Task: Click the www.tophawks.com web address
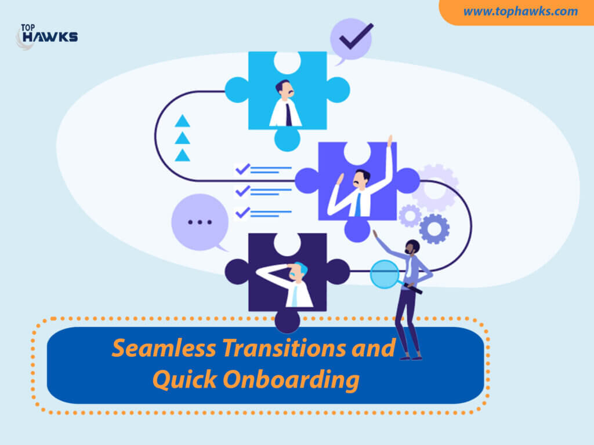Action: click(x=520, y=12)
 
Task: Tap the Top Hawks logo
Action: click(x=47, y=37)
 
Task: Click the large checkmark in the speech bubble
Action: click(x=356, y=37)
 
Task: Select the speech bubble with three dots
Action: click(x=200, y=223)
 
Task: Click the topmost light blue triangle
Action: click(x=182, y=121)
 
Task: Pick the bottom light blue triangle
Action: click(x=182, y=155)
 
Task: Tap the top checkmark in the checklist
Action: click(x=242, y=169)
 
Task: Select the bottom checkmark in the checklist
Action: click(x=242, y=213)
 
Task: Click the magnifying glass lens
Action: click(x=385, y=274)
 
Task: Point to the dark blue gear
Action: click(x=434, y=228)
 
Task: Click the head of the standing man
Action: click(x=412, y=247)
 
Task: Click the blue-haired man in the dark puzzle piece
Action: click(x=286, y=284)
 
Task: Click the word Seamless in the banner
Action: click(x=164, y=348)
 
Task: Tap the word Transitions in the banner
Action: click(x=284, y=348)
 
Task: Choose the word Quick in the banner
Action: click(x=184, y=380)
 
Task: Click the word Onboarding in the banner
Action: click(x=291, y=380)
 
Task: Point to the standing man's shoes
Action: click(x=411, y=357)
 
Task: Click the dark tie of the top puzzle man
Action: click(x=289, y=114)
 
